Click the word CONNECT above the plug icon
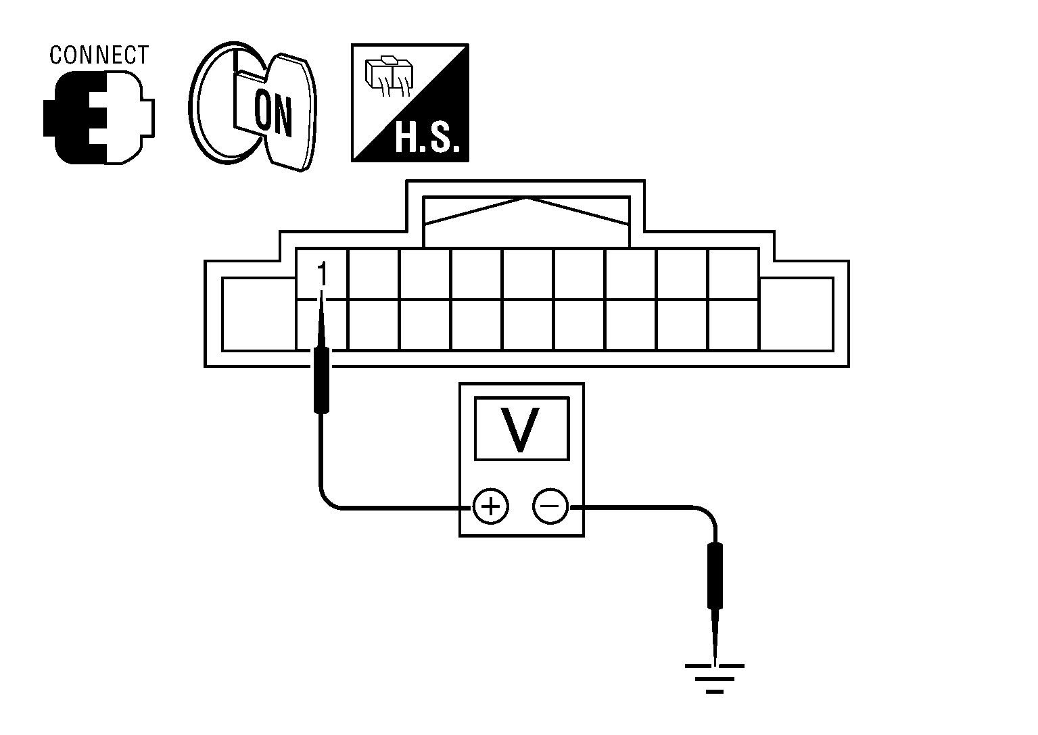[99, 55]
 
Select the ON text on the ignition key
[273, 114]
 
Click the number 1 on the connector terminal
[322, 274]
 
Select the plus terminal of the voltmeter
[490, 506]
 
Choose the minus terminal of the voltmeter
[550, 506]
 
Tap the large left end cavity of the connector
[259, 314]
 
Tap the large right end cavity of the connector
[796, 314]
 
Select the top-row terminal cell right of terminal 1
[373, 275]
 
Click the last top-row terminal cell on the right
[733, 275]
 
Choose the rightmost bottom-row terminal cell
[733, 325]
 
